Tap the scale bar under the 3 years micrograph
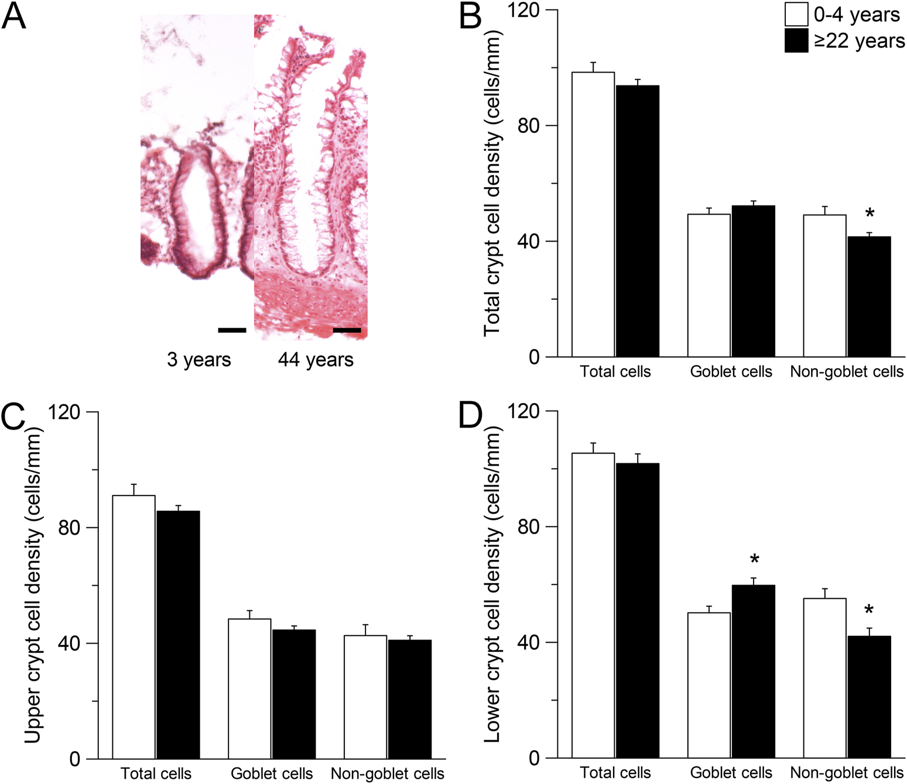coord(232,331)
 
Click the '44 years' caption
coord(316,359)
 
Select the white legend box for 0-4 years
coord(796,15)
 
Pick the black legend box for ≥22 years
coord(796,41)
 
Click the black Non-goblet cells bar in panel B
coord(869,297)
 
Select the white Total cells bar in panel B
coord(593,214)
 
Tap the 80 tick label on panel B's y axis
coord(528,126)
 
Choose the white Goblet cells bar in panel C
coord(249,689)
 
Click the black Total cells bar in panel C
coord(178,635)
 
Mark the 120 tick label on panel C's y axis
coord(64,412)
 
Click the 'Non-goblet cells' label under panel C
coord(387,773)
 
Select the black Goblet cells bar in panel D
coord(753,671)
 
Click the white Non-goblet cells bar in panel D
coord(824,678)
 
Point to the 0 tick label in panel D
coord(534,758)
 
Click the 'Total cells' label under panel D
coord(615,773)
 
